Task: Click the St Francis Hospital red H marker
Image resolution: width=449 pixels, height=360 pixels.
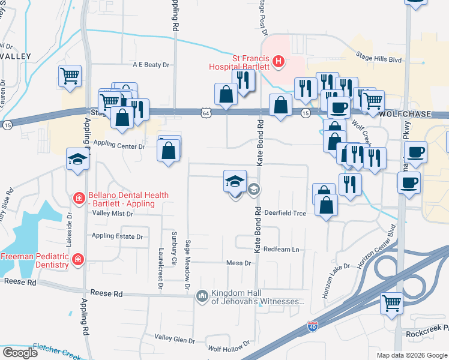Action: pos(278,61)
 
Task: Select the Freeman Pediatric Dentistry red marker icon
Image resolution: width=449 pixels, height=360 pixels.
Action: pos(77,259)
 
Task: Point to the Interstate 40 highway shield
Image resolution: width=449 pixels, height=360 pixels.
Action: pos(312,326)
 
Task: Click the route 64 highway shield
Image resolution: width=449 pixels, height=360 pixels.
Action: pos(206,112)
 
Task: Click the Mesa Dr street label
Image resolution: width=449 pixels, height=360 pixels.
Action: pos(238,263)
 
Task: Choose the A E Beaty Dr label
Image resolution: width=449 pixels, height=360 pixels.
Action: pos(152,64)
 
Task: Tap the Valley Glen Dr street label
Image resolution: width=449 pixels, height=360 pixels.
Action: pos(175,340)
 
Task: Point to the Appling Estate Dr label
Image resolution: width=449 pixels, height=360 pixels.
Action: pos(117,236)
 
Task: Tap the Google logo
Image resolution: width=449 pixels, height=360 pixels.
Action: pos(19,353)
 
